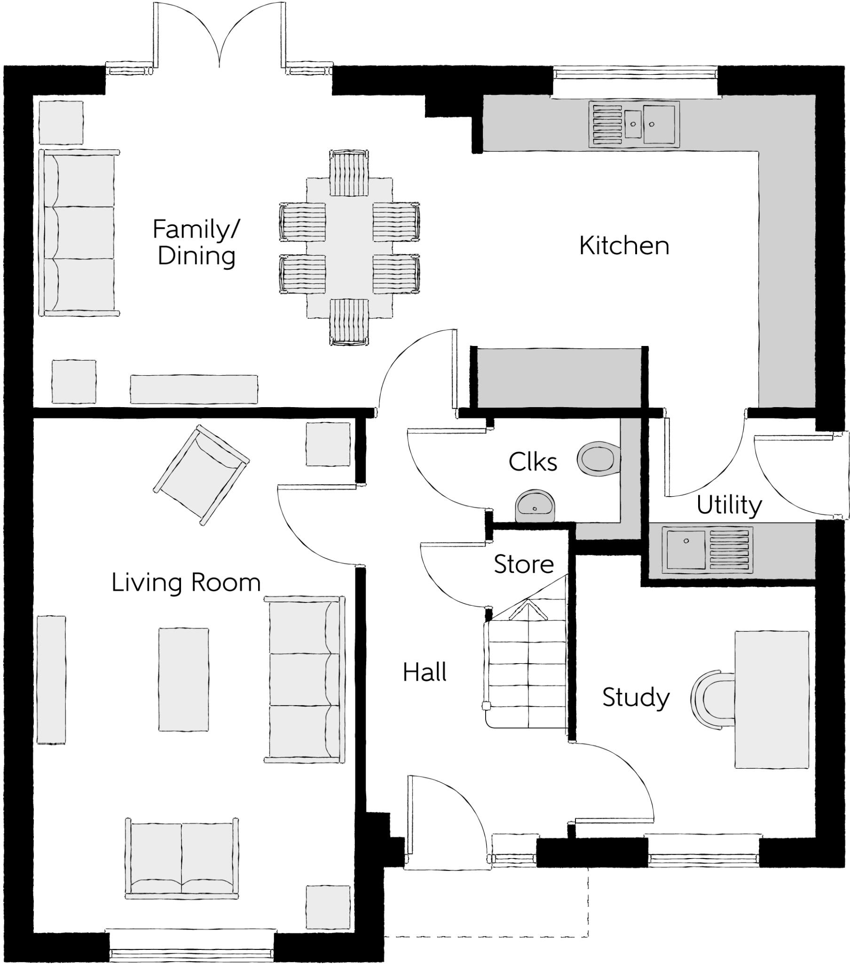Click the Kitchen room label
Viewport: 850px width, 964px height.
624,246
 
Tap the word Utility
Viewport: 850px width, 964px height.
729,506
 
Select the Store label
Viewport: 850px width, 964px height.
523,564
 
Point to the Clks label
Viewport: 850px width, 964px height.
533,462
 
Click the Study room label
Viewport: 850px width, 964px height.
636,698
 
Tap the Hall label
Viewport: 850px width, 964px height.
425,672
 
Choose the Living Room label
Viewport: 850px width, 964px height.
186,582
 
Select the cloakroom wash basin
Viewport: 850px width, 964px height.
535,506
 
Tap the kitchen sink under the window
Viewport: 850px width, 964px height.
634,123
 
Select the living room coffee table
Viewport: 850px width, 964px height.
183,680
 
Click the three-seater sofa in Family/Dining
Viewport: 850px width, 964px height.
79,233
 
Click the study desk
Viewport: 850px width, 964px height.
772,700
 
